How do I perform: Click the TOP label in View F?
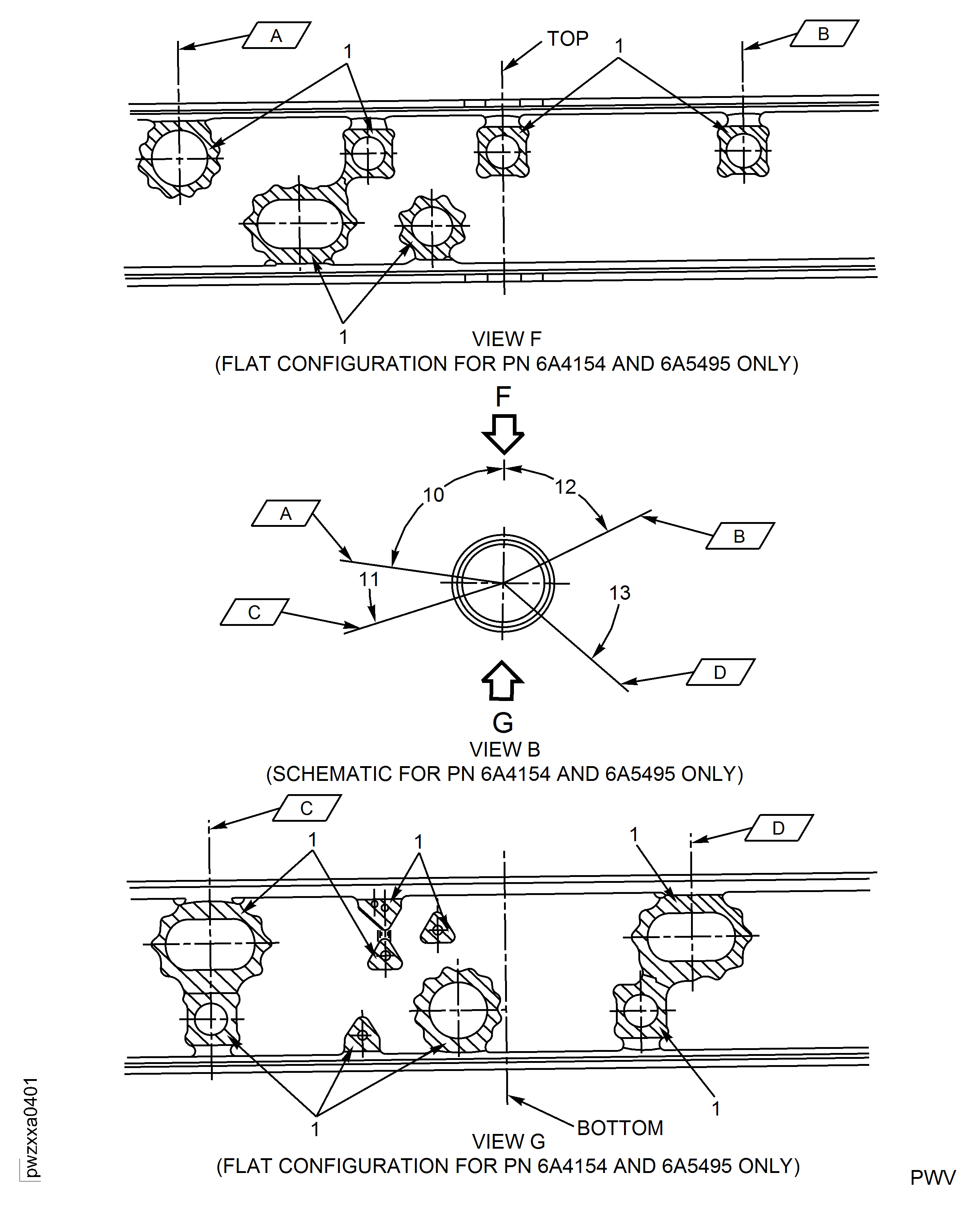(x=567, y=39)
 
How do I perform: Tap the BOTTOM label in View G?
(x=620, y=1128)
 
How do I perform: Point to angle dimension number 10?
(x=433, y=495)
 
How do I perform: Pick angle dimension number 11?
(x=369, y=579)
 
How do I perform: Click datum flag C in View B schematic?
(x=254, y=612)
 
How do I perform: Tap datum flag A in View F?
(x=276, y=36)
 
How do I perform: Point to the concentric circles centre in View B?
(x=503, y=584)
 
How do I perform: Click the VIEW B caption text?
(x=504, y=749)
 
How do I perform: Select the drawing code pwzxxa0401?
(x=31, y=1127)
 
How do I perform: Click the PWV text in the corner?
(x=932, y=1177)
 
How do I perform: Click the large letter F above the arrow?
(x=503, y=396)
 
